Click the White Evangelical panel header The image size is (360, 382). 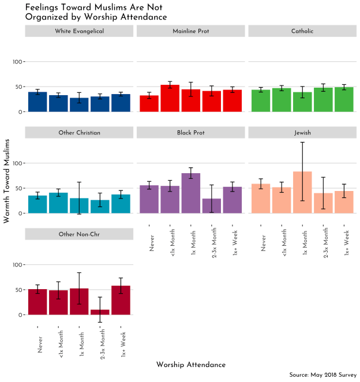(80, 31)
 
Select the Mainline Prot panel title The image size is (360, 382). (191, 31)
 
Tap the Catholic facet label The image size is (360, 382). (302, 31)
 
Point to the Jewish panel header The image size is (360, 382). (302, 133)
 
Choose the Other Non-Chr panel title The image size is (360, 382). (80, 234)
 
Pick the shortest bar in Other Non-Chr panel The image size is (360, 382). (100, 312)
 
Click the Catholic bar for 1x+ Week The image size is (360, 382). (344, 100)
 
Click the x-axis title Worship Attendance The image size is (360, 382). (190, 365)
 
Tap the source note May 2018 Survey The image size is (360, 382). (323, 375)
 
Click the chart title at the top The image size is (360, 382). (96, 12)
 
